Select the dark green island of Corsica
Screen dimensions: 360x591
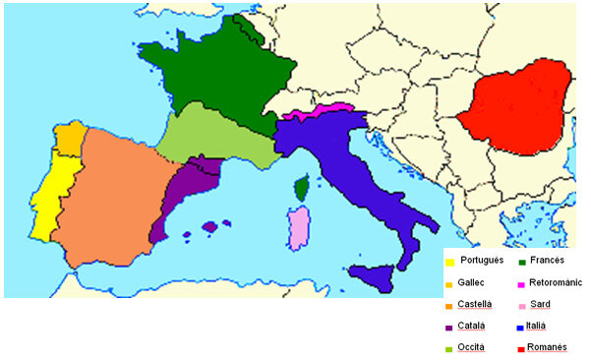coord(304,187)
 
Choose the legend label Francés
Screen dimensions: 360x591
coord(547,261)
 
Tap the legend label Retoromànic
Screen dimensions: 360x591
coord(555,282)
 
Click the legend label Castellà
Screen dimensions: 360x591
coord(477,304)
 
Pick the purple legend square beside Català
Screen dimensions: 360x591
coord(450,327)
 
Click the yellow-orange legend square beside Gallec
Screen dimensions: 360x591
coord(450,283)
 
